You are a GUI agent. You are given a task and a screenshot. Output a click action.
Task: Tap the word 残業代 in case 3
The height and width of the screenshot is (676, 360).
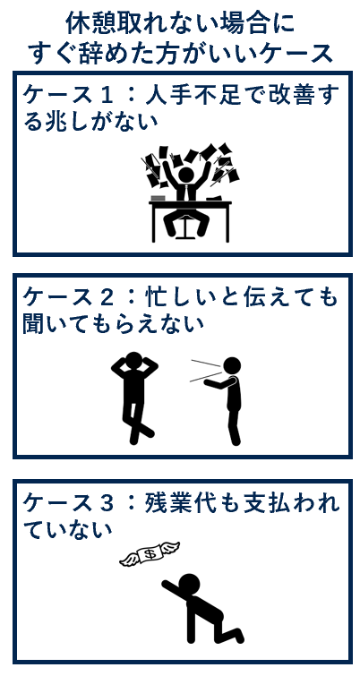180,502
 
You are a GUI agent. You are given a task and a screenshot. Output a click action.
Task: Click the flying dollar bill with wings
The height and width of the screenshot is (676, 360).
150,555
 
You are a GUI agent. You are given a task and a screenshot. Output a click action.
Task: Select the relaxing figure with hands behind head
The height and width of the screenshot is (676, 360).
134,394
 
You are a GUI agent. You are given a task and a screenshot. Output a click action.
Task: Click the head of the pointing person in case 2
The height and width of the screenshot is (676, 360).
232,365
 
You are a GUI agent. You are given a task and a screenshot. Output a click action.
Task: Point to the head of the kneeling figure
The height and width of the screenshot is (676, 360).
189,584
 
